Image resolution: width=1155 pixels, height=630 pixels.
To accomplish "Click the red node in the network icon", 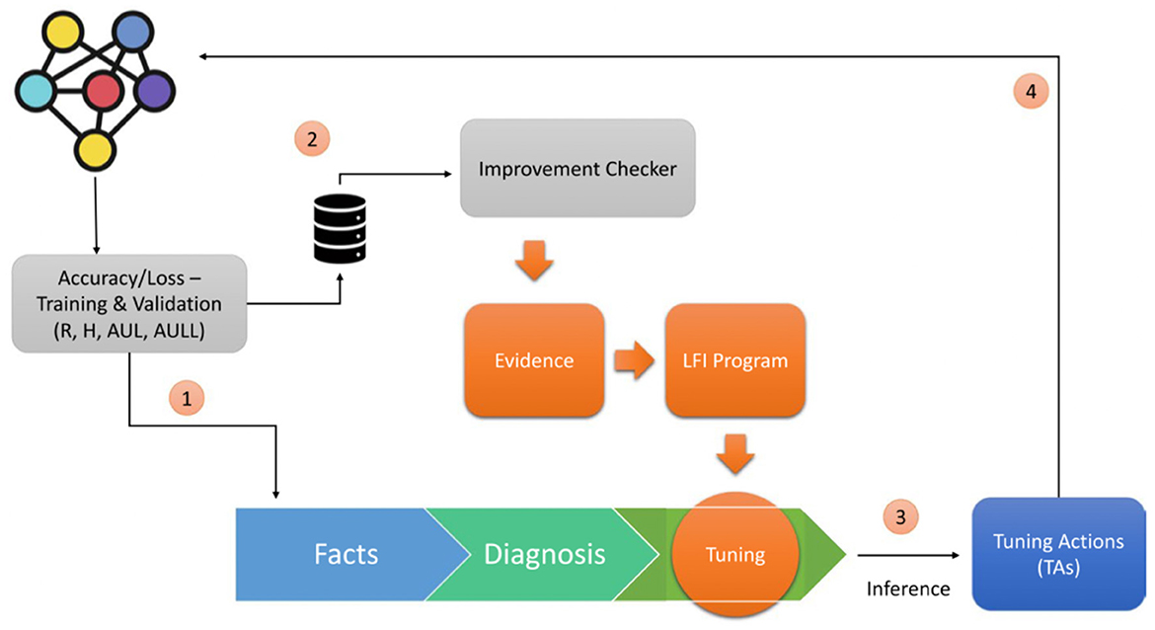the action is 103,91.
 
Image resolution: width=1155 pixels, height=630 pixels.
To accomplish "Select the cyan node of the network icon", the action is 37,91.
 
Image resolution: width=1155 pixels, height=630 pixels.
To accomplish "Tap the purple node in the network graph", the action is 155,91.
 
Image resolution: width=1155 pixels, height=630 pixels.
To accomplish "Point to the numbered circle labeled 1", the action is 187,399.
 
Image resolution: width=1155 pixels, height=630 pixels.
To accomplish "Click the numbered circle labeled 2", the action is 312,139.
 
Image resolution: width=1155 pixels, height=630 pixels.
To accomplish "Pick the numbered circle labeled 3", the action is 900,517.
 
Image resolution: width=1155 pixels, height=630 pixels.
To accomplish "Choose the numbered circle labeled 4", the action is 1031,92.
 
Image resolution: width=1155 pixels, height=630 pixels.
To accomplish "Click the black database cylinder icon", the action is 340,228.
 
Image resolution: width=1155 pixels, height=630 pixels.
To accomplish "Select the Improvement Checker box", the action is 577,168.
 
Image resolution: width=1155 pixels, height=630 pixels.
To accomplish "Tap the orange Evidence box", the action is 534,360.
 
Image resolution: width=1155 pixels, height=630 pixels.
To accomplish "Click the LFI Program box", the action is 735,360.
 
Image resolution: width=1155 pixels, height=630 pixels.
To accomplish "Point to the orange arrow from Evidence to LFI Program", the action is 634,360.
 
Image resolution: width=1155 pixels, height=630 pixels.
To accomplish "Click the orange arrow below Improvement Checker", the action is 534,261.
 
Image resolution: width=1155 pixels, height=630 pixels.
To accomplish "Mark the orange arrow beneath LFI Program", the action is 735,454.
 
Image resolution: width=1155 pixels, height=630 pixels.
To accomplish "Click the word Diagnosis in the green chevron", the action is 544,554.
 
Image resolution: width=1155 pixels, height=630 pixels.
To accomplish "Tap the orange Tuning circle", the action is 735,554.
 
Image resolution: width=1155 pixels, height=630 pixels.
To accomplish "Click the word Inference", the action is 908,589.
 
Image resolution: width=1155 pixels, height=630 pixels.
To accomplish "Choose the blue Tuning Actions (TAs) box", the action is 1058,554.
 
